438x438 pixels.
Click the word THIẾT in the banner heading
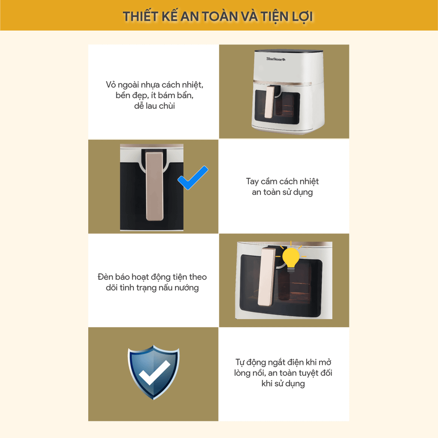[140, 17]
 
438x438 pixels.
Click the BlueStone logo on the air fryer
[276, 59]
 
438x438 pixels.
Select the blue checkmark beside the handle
[193, 178]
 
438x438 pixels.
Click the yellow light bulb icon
[291, 257]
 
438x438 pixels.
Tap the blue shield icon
[154, 372]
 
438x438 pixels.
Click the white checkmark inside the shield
[154, 373]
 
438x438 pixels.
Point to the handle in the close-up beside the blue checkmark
[154, 186]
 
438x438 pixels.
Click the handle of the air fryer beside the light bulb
[267, 277]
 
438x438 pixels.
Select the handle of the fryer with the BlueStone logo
[270, 102]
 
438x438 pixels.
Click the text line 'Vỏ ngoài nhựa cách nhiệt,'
[154, 85]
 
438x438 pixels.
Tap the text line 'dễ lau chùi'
[154, 106]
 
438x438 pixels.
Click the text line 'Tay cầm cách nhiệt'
[282, 181]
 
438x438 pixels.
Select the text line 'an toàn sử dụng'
[282, 192]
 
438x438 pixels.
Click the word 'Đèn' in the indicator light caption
[105, 277]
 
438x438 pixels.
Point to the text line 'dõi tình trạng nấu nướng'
[152, 288]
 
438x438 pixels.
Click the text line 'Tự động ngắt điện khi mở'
[283, 362]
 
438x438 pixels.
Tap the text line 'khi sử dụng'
[283, 384]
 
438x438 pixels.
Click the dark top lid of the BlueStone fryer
[289, 51]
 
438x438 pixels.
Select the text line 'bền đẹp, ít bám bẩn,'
[154, 95]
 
